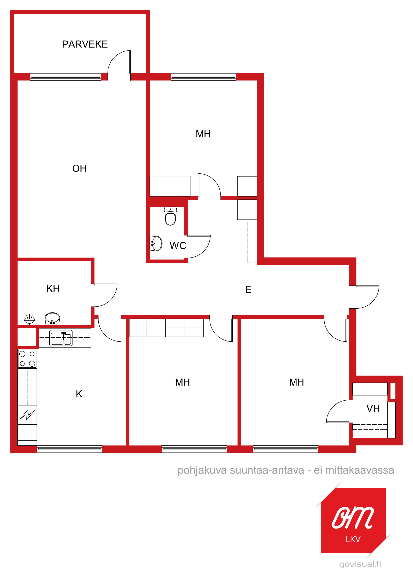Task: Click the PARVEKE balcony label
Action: (x=85, y=44)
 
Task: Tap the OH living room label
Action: (x=79, y=168)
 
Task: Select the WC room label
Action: (x=178, y=246)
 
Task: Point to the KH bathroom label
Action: (x=53, y=289)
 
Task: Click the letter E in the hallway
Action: (x=248, y=290)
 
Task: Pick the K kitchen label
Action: (x=79, y=394)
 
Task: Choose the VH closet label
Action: (x=373, y=408)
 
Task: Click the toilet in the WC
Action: (x=170, y=216)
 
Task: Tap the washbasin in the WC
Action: (x=156, y=244)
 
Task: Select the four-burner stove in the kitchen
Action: (x=27, y=359)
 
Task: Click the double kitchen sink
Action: (x=61, y=338)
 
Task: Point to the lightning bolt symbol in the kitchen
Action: (x=27, y=415)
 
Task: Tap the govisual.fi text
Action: (x=360, y=564)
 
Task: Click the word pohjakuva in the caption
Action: (x=202, y=470)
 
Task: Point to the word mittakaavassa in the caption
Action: (x=360, y=470)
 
